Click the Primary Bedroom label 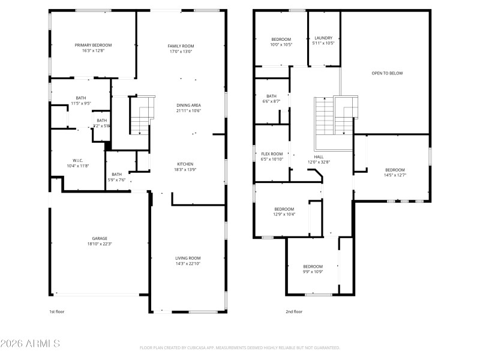[x=93, y=45]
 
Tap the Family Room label [x=180, y=46]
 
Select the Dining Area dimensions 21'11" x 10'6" [x=188, y=111]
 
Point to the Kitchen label [x=184, y=164]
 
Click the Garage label [x=100, y=238]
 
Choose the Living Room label [x=188, y=257]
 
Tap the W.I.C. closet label [x=77, y=160]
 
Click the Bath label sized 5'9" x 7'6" [x=116, y=174]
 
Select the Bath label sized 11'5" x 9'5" [x=80, y=98]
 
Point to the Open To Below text [x=387, y=73]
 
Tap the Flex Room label [x=272, y=154]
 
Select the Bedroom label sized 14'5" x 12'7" [x=395, y=170]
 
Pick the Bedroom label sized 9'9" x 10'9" [x=313, y=266]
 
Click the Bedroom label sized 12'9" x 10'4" [x=284, y=209]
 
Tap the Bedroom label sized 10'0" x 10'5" [x=281, y=39]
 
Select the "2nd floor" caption [x=294, y=311]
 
